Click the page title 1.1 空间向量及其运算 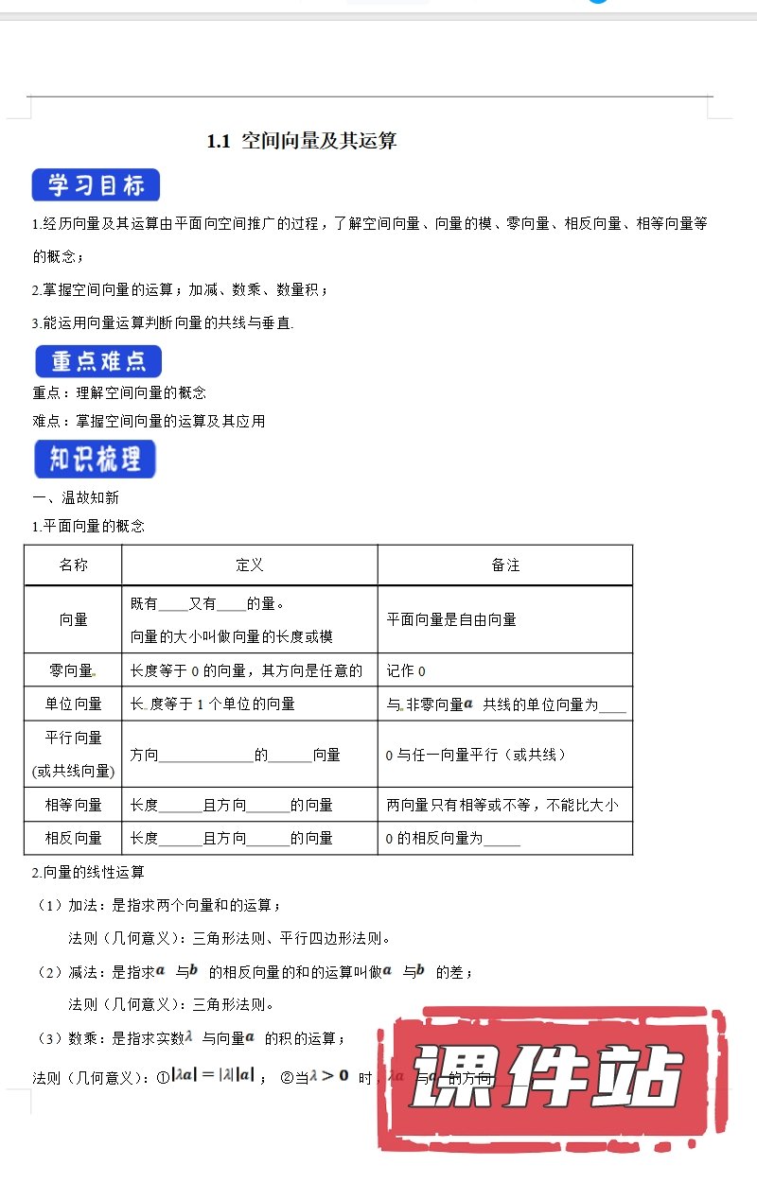coord(301,142)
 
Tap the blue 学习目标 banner coord(96,185)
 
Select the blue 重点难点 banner coord(98,362)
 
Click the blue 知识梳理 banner coord(95,460)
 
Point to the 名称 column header coord(73,565)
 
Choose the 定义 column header coord(249,565)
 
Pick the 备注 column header coord(504,565)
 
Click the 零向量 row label coord(72,670)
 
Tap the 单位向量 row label coord(73,704)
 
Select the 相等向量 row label coord(73,805)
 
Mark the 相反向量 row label coord(73,838)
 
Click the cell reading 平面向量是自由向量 coord(451,619)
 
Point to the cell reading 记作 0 coord(406,670)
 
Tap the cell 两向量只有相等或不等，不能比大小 coord(502,805)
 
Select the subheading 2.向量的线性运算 coord(87,872)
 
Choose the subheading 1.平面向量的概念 coord(87,526)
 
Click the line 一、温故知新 coord(76,497)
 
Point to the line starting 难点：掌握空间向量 coord(149,421)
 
